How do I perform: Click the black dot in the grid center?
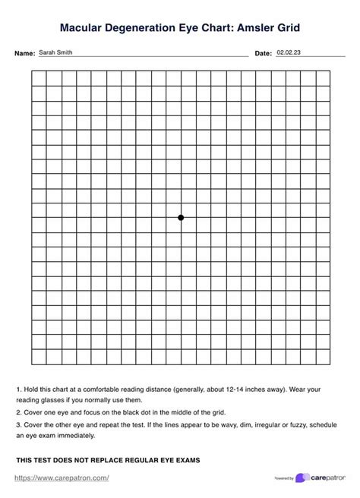[181, 218]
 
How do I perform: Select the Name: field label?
[25, 54]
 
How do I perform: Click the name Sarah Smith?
[56, 52]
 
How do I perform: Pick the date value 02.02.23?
[289, 52]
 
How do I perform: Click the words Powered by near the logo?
[283, 478]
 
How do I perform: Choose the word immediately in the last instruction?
[74, 436]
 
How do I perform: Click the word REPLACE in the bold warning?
[101, 460]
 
